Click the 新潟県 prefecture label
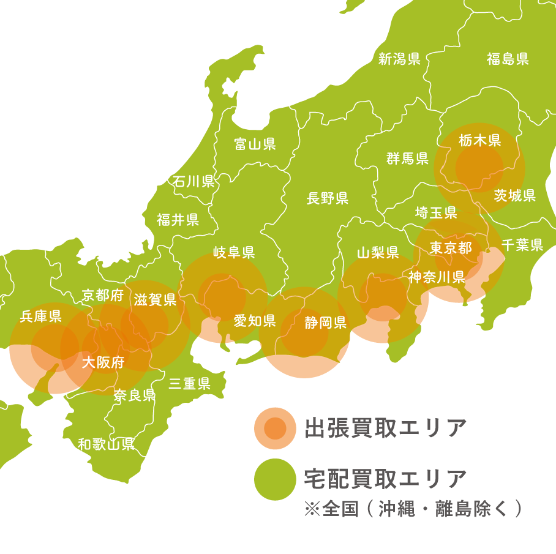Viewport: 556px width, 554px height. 399,59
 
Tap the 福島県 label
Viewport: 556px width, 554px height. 508,59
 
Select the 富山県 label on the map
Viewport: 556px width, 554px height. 255,144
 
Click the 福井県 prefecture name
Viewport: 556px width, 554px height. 178,220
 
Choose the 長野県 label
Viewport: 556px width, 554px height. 328,198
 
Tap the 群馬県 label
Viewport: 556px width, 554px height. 407,159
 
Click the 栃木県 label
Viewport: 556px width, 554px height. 480,140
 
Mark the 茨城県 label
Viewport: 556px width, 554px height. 515,195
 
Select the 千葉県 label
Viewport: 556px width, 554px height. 522,245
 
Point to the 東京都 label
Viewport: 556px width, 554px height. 451,247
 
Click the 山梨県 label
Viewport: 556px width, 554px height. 378,252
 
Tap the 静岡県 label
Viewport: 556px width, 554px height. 326,323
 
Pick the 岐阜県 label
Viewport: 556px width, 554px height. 234,252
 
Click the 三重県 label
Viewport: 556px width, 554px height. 190,384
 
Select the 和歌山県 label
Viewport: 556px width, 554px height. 107,444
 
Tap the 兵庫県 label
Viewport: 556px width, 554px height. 41,316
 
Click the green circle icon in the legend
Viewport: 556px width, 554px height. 275,479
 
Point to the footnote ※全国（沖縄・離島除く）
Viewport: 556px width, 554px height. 413,509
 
